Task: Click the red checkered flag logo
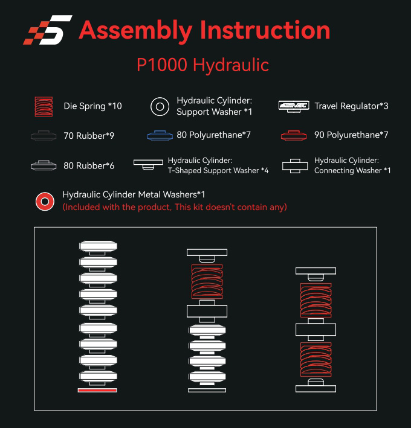click(47, 30)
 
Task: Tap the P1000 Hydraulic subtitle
click(202, 65)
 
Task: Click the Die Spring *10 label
click(92, 106)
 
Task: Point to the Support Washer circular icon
click(160, 106)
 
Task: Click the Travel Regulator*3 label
click(351, 106)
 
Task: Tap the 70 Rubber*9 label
click(89, 136)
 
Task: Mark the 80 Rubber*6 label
click(89, 165)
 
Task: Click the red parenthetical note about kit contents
click(175, 207)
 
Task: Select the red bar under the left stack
click(97, 390)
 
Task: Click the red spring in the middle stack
click(207, 281)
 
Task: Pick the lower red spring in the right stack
click(315, 360)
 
